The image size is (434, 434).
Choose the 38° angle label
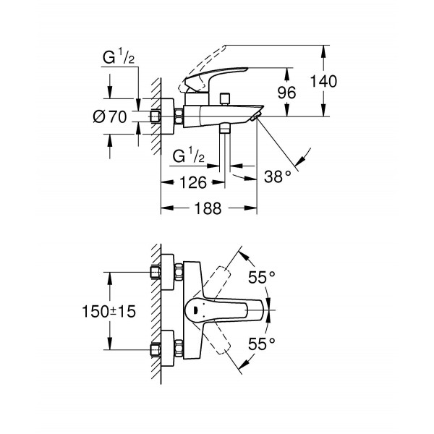(277, 175)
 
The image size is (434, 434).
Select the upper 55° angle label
(261, 276)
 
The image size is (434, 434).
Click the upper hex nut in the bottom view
(156, 273)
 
